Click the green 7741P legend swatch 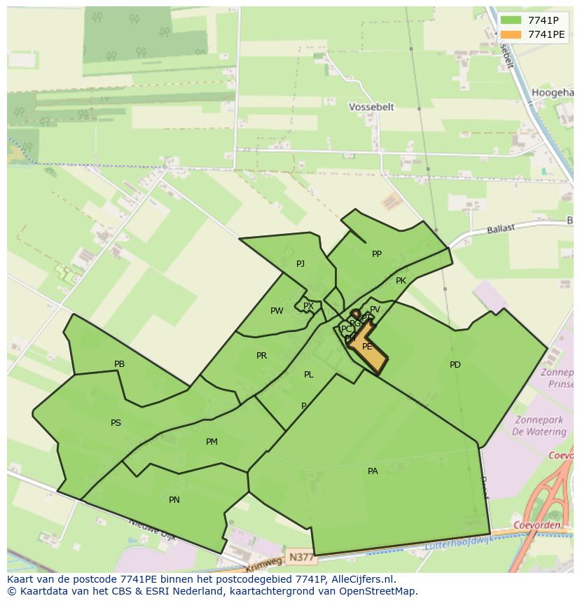click(511, 20)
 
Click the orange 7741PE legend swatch click(511, 34)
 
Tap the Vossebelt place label click(371, 107)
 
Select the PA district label click(373, 471)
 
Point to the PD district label click(455, 365)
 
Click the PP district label click(377, 254)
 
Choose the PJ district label click(301, 264)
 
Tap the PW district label click(277, 311)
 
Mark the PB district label click(119, 364)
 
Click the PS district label click(116, 423)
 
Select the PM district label click(212, 442)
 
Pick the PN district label click(174, 500)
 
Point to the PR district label click(261, 356)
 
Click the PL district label click(309, 375)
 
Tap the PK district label click(401, 281)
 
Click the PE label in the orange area click(367, 347)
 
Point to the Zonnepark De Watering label click(539, 426)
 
